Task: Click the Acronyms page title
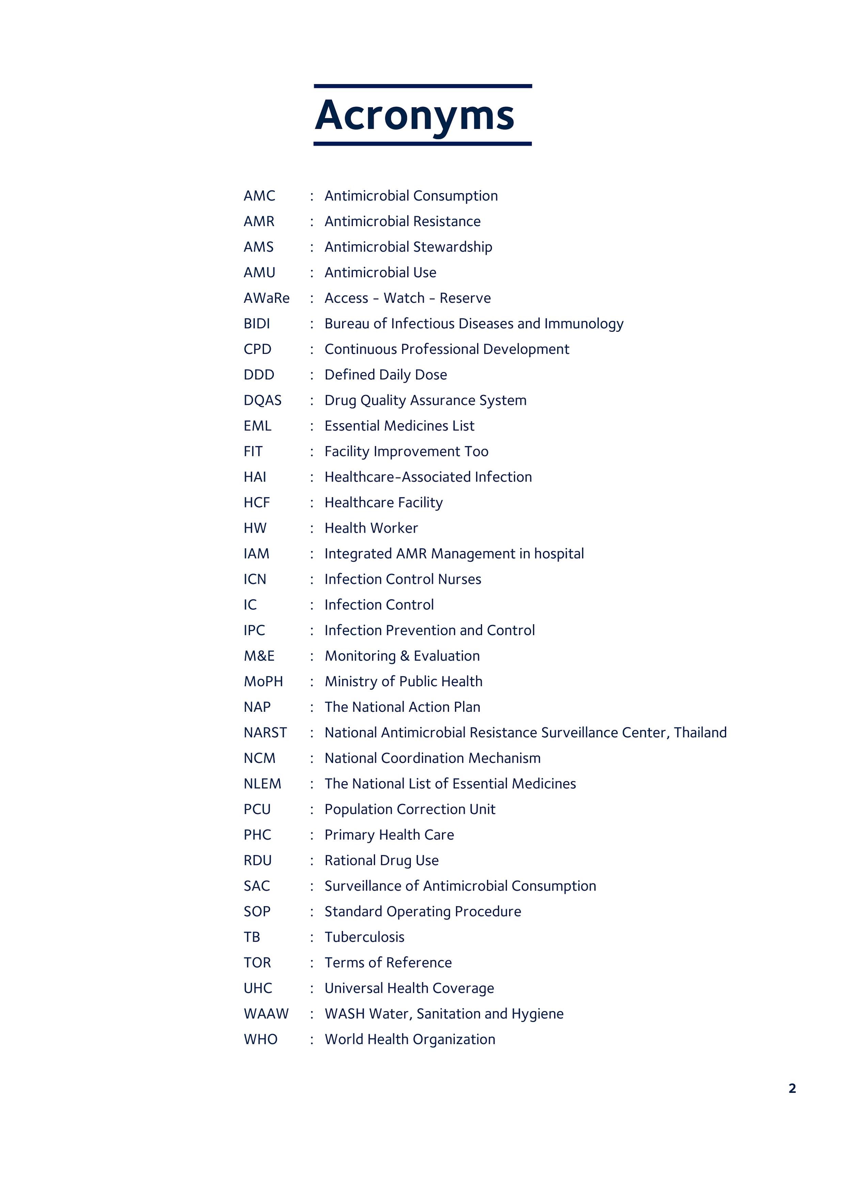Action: (x=414, y=115)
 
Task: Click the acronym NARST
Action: (x=265, y=733)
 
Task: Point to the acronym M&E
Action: (x=259, y=656)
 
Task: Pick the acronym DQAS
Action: (x=262, y=400)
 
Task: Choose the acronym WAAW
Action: (x=266, y=1014)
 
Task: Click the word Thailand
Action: (x=700, y=733)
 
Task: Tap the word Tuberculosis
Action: (x=364, y=937)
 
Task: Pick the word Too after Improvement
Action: (x=476, y=452)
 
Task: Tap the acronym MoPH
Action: (x=263, y=682)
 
